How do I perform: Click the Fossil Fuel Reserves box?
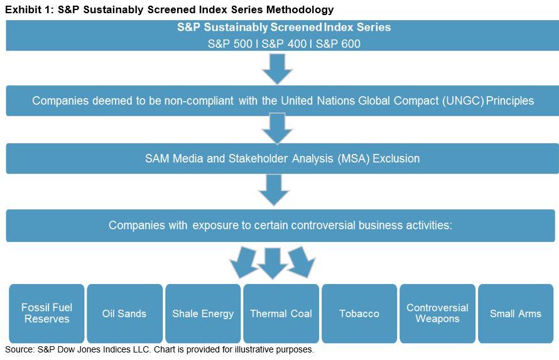46,314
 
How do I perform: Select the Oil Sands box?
125,314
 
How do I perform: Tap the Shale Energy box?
203,314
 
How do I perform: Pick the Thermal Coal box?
281,314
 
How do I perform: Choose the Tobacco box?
359,314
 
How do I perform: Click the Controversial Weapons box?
437,314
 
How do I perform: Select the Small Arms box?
516,314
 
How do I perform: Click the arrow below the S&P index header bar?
277,68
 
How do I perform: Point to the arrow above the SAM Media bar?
277,128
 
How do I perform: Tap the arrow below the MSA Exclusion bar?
274,190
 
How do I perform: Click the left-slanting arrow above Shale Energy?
243,263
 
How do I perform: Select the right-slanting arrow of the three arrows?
301,263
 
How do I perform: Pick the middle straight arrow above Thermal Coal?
273,264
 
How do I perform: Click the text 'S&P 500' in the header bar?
230,44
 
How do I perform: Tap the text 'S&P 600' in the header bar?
338,44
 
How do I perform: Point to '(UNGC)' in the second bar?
463,101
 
